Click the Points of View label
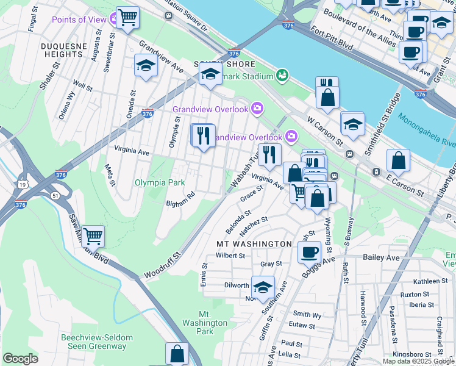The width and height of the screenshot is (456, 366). [79, 20]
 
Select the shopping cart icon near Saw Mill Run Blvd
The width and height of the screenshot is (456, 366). [92, 235]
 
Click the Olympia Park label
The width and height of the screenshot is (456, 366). [159, 182]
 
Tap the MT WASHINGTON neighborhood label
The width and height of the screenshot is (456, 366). [254, 244]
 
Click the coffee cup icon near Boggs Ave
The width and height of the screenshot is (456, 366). [310, 251]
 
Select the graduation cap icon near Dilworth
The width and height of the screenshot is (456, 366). [262, 287]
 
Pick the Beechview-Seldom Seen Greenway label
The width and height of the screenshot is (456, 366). [93, 342]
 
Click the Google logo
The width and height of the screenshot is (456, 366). [20, 359]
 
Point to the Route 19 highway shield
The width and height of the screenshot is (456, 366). [22, 184]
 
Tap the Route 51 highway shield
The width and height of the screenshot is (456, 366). [55, 195]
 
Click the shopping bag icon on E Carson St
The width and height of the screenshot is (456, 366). [398, 161]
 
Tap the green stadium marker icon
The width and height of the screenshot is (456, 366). [282, 74]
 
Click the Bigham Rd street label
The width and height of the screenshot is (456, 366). [180, 199]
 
